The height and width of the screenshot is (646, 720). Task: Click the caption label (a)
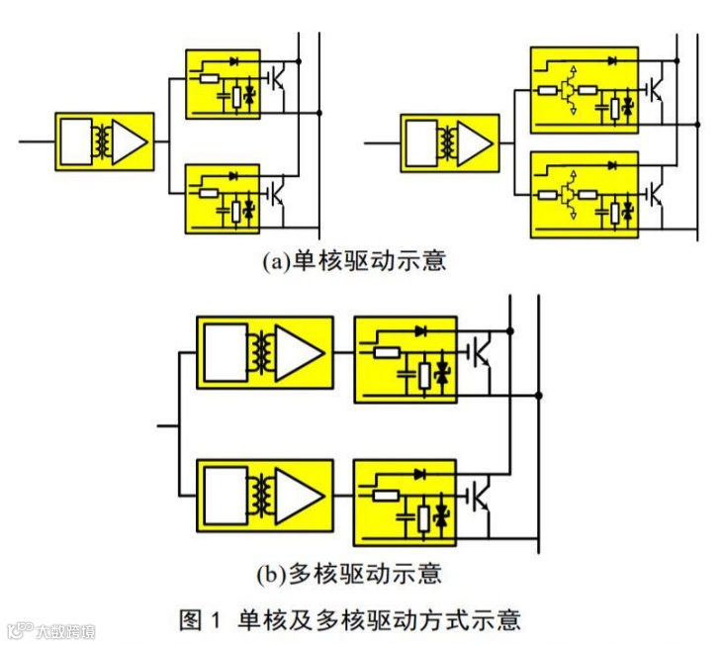pos(275,262)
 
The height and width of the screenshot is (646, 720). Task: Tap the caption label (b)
pos(269,573)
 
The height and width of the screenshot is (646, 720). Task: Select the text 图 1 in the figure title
pos(203,620)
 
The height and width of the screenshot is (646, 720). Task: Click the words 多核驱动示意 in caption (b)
pos(363,573)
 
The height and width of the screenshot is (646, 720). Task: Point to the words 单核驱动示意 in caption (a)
pos(369,262)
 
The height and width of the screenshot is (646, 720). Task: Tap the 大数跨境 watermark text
pos(66,630)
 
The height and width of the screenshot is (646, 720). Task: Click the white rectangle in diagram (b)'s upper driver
pos(225,350)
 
